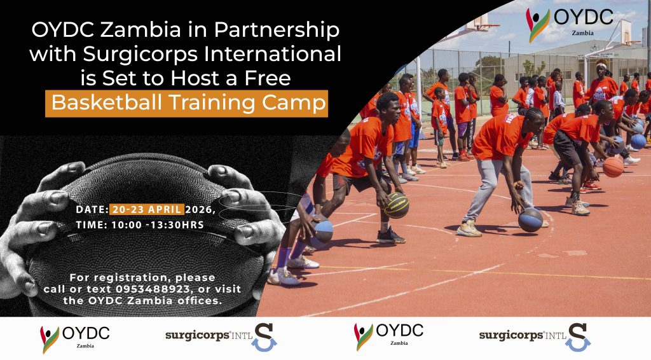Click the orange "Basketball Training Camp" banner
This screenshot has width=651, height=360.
[186, 104]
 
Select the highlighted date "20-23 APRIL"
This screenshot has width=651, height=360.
[147, 209]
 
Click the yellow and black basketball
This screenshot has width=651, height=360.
[397, 205]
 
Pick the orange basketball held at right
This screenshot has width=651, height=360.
[613, 167]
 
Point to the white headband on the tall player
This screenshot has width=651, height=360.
[601, 66]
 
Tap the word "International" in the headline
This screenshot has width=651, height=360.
[277, 54]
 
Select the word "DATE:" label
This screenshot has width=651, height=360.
[92, 210]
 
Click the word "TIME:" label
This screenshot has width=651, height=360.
[92, 225]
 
